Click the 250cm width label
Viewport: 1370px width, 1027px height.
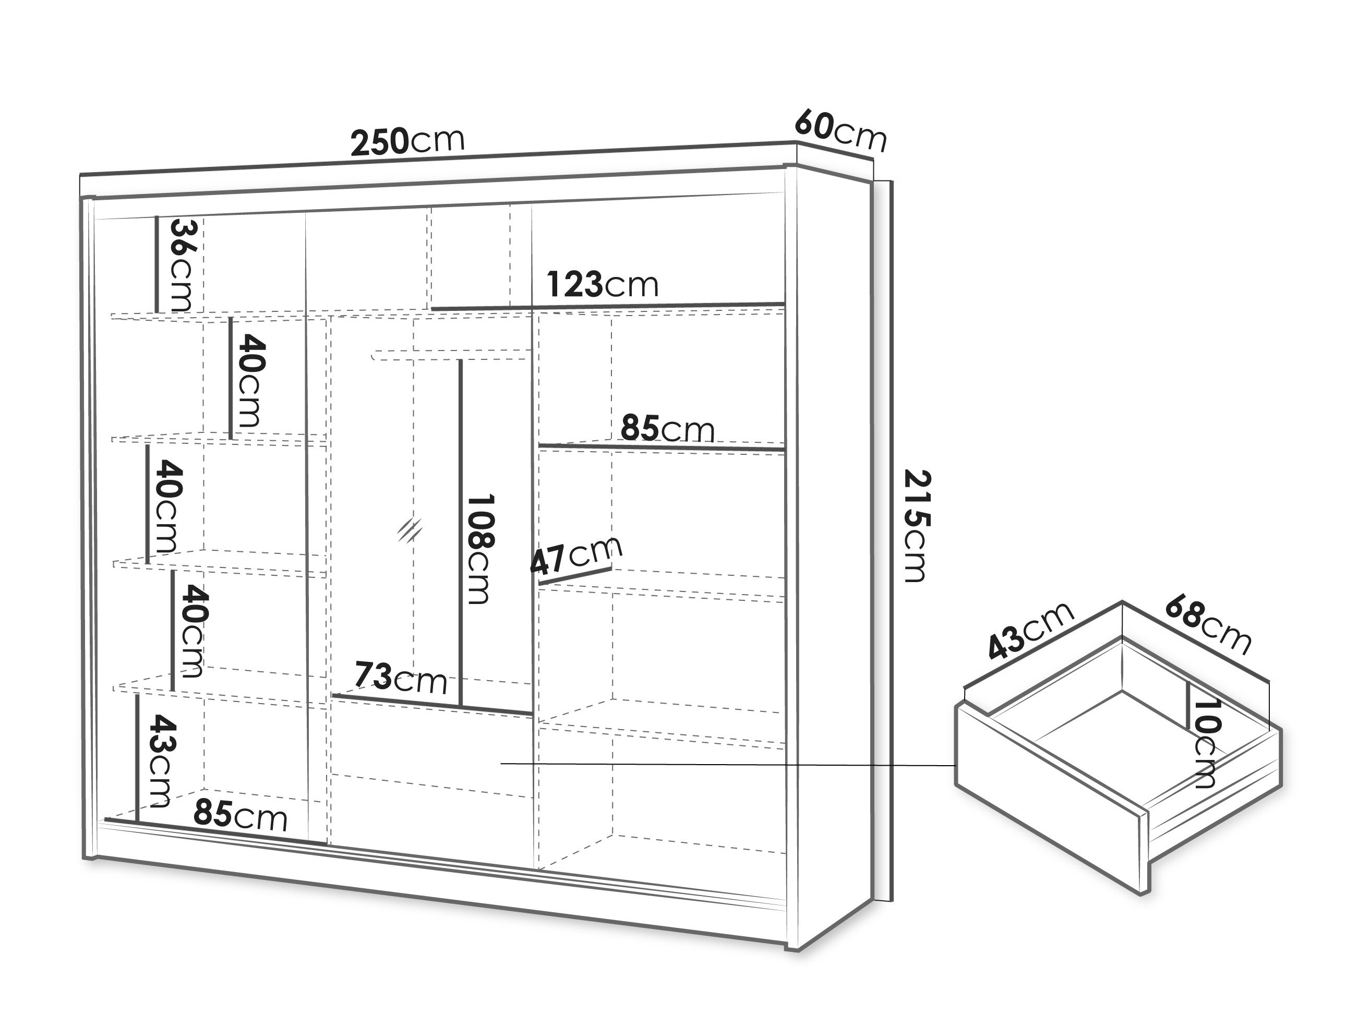(407, 141)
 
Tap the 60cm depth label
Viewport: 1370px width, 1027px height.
(840, 130)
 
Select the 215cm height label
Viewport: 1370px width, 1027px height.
(916, 526)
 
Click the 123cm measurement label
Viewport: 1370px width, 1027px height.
(602, 285)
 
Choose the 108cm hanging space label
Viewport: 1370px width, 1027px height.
(480, 549)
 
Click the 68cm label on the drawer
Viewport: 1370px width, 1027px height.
(1208, 625)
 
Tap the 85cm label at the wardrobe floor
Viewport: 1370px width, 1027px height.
(241, 815)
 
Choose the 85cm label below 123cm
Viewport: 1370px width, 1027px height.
(668, 428)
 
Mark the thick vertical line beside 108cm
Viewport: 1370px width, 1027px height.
(461, 533)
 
